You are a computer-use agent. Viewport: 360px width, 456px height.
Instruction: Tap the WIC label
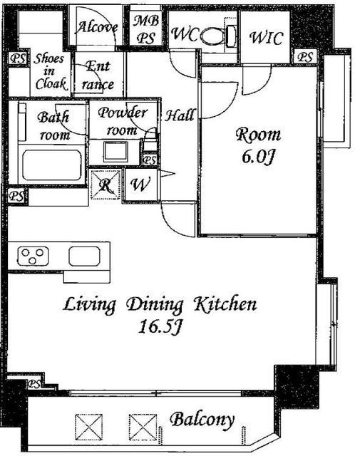pos(266,38)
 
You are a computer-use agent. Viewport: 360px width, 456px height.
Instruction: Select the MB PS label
pos(146,29)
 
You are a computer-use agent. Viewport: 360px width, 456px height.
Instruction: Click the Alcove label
pos(97,28)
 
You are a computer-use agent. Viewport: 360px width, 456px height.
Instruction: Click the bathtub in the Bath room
pos(52,165)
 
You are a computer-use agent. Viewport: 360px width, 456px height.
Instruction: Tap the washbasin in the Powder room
pos(115,152)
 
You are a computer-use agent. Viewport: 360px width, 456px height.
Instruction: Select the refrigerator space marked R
pos(106,185)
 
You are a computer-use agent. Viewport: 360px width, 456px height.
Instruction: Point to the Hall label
pos(179,115)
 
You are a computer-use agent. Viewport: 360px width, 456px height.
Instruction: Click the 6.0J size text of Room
pos(258,158)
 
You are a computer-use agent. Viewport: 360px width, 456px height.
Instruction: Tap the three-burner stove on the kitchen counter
pos(34,256)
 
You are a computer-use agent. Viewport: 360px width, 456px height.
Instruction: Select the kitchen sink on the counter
pos(84,256)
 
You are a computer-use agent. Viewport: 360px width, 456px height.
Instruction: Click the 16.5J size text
pos(160,326)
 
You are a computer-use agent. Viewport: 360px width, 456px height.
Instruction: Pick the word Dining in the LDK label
pos(155,306)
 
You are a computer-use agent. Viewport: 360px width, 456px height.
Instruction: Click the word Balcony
pos(202,420)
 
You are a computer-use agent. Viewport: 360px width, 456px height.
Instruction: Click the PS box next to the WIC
pos(305,56)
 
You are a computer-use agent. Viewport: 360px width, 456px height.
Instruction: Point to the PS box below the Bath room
pos(17,196)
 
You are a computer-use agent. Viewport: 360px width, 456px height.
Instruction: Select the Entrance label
pos(98,76)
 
